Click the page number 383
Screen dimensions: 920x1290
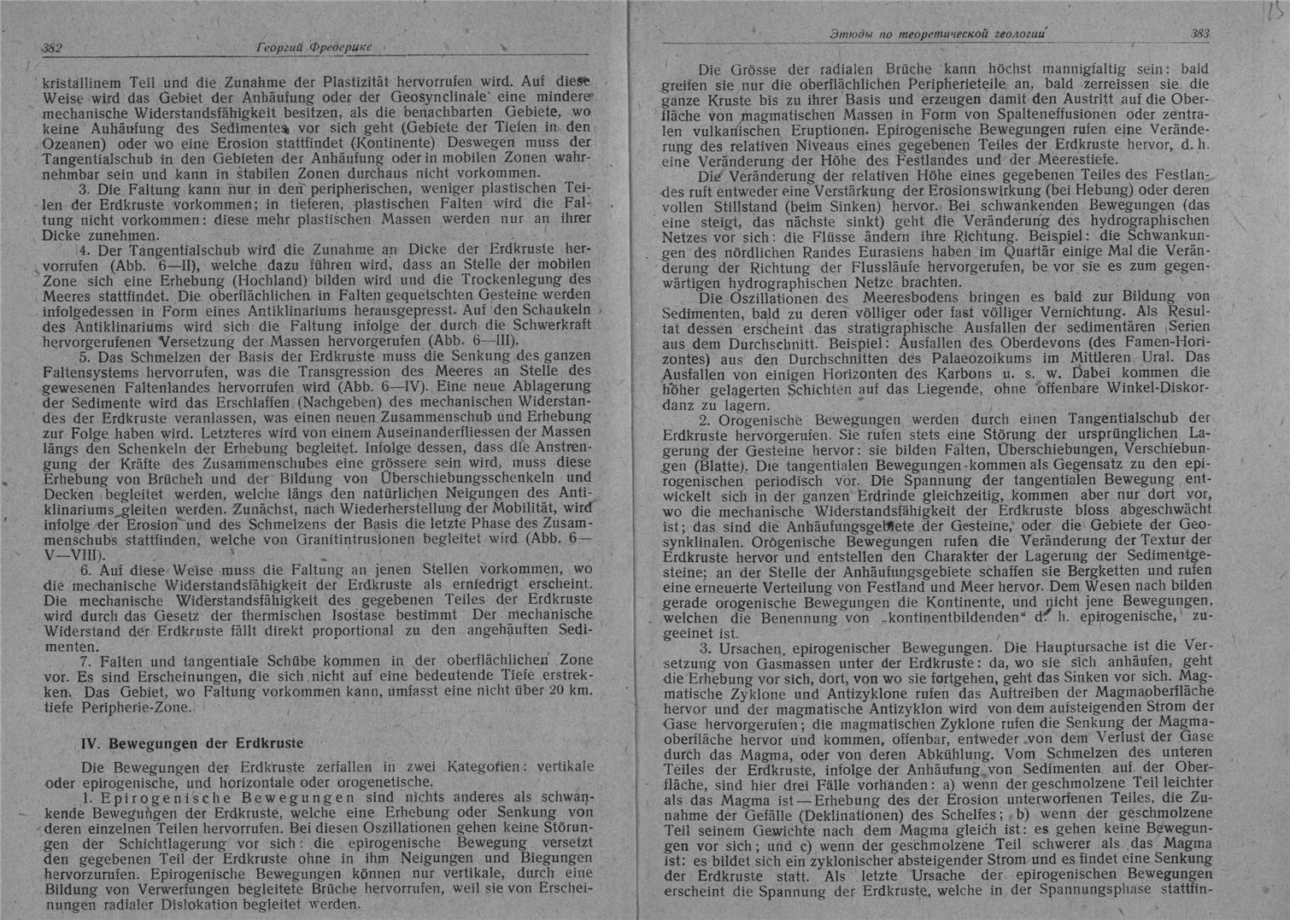(x=1199, y=34)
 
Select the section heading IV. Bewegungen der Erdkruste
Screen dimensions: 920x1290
(x=191, y=743)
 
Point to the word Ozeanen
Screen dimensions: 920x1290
(x=77, y=143)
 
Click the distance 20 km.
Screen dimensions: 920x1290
(x=570, y=691)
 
